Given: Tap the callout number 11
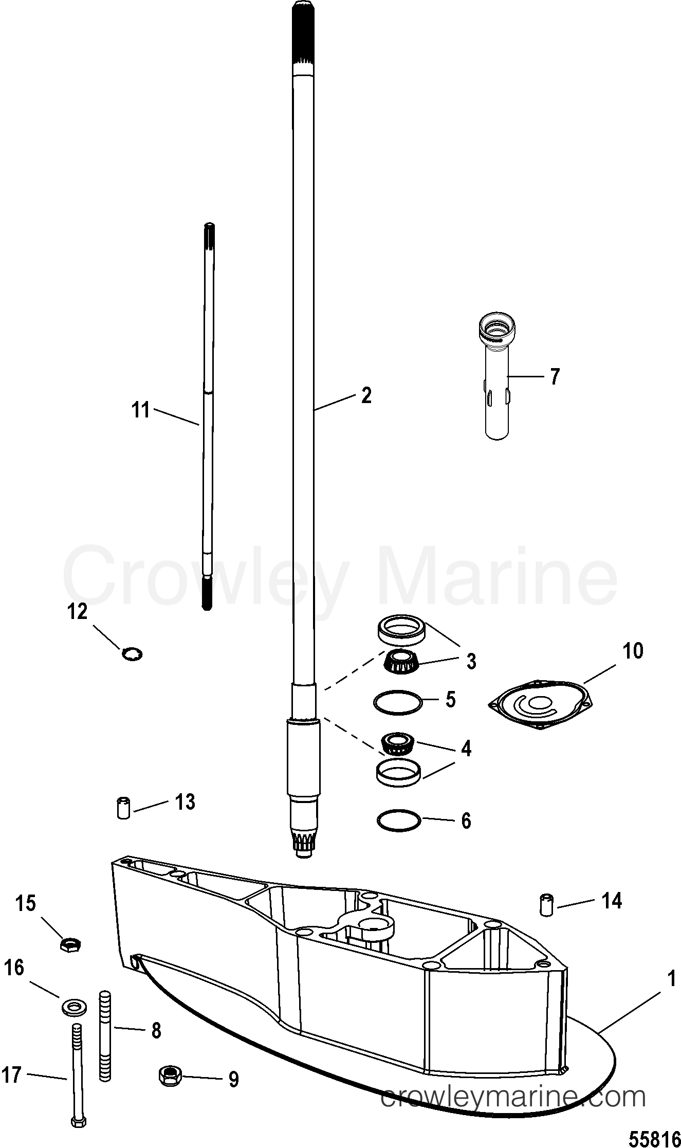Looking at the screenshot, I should [x=140, y=410].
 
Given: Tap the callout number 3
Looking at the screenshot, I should [x=471, y=661].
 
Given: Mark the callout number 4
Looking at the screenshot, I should [x=466, y=749].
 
